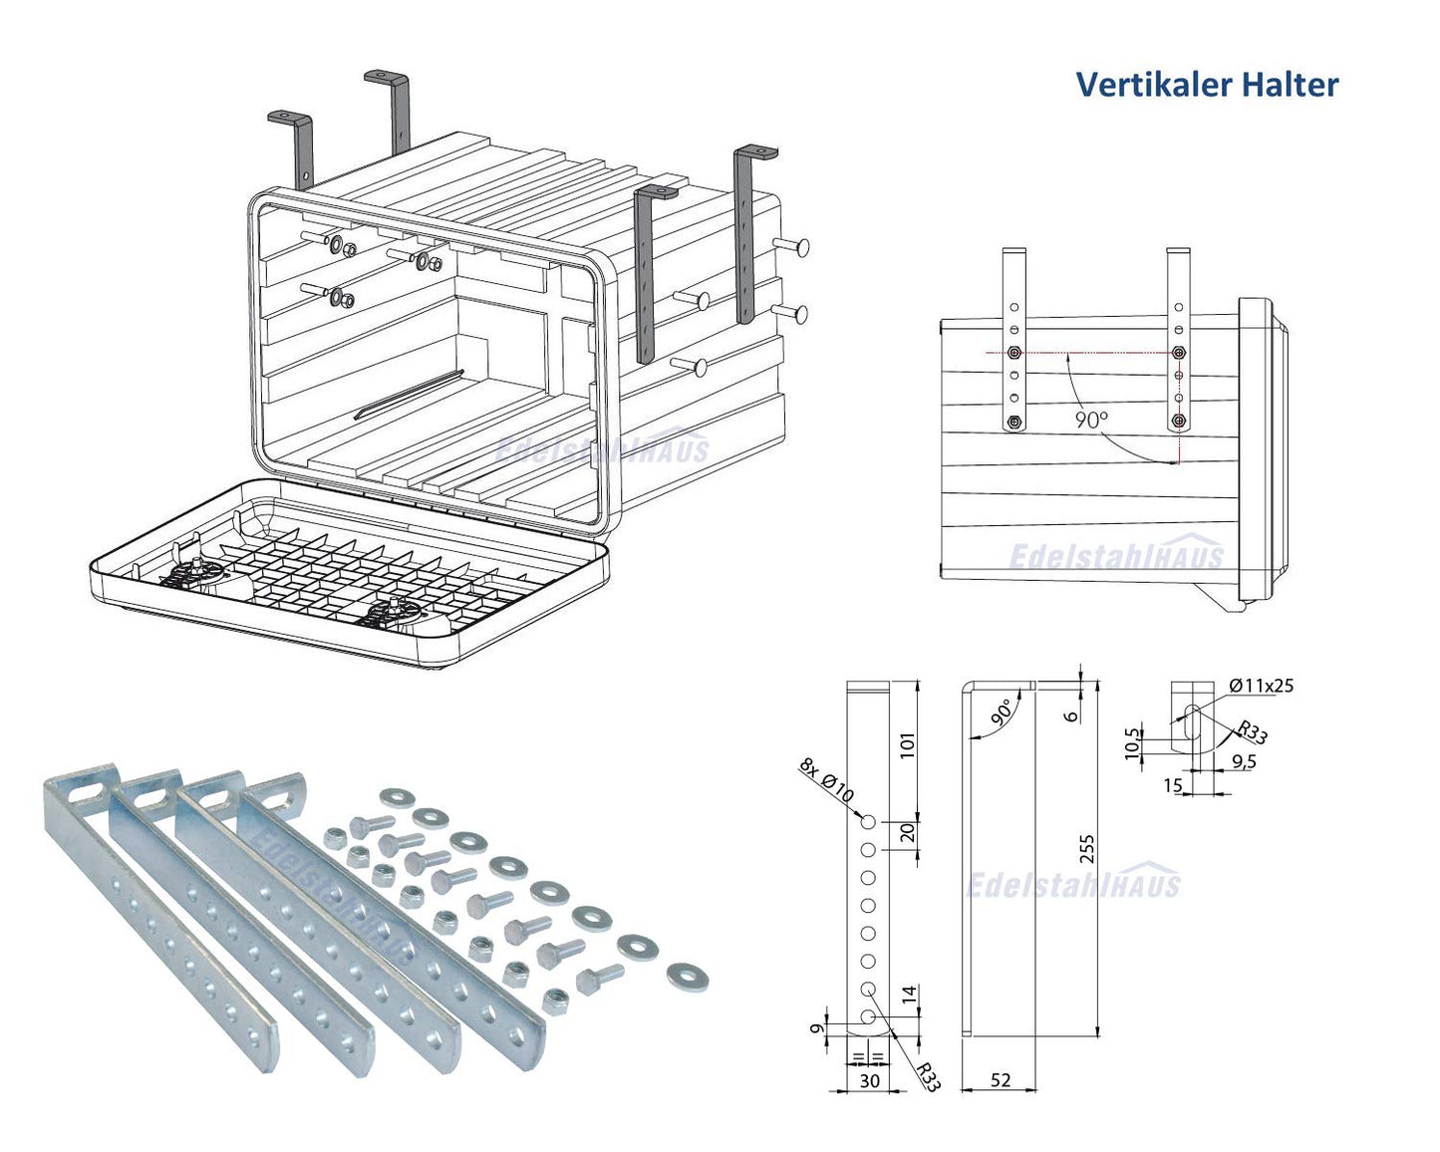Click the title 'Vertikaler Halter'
coord(1207,85)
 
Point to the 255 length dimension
coord(1087,849)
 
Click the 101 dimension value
coord(907,745)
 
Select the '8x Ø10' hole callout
coord(826,780)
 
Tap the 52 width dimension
coord(1001,1080)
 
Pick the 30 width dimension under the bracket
coord(869,1080)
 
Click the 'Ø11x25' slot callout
coord(1261,686)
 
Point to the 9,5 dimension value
coord(1244,761)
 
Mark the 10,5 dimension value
coord(1131,743)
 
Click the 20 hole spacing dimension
coord(907,833)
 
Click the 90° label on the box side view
coord(1091,420)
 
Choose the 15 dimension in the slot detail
coord(1173,786)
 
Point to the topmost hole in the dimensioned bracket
coord(868,822)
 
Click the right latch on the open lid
coord(396,611)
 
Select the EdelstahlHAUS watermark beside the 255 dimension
coord(1073,883)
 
